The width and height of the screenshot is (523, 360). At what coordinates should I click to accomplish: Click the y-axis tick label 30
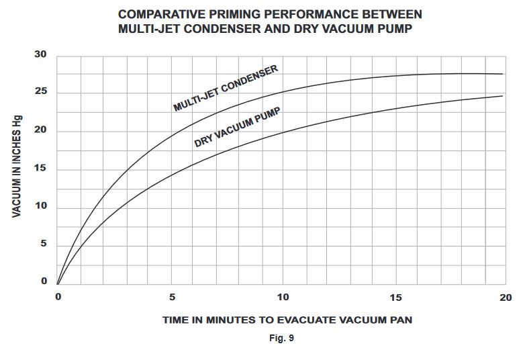(40, 55)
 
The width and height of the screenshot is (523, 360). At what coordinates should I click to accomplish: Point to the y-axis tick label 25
(40, 92)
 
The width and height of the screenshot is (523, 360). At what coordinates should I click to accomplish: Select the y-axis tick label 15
(40, 168)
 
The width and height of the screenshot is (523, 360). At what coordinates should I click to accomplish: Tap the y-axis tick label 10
(40, 206)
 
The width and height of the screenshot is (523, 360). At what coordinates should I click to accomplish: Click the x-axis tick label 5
(172, 297)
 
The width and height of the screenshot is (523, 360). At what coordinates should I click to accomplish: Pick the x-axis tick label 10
(283, 297)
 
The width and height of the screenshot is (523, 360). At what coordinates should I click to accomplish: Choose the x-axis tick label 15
(395, 297)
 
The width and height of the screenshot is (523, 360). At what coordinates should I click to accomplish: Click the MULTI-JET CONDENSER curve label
(226, 89)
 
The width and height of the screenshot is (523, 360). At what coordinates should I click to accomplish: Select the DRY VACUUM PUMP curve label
(237, 126)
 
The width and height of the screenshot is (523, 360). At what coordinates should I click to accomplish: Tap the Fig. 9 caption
(281, 338)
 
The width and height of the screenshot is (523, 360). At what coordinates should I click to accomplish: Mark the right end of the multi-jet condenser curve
(503, 74)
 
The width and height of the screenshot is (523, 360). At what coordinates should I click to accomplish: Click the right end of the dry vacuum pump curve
(503, 96)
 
